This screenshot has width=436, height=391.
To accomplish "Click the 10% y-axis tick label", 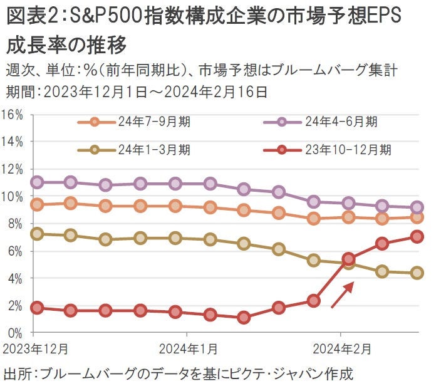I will click(x=13, y=196).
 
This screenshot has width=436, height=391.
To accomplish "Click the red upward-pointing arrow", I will click(x=342, y=295).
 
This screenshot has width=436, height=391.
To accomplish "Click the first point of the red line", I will click(x=36, y=308).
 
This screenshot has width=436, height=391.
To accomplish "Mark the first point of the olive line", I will click(x=36, y=234).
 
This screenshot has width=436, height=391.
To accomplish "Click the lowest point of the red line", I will click(x=244, y=318).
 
